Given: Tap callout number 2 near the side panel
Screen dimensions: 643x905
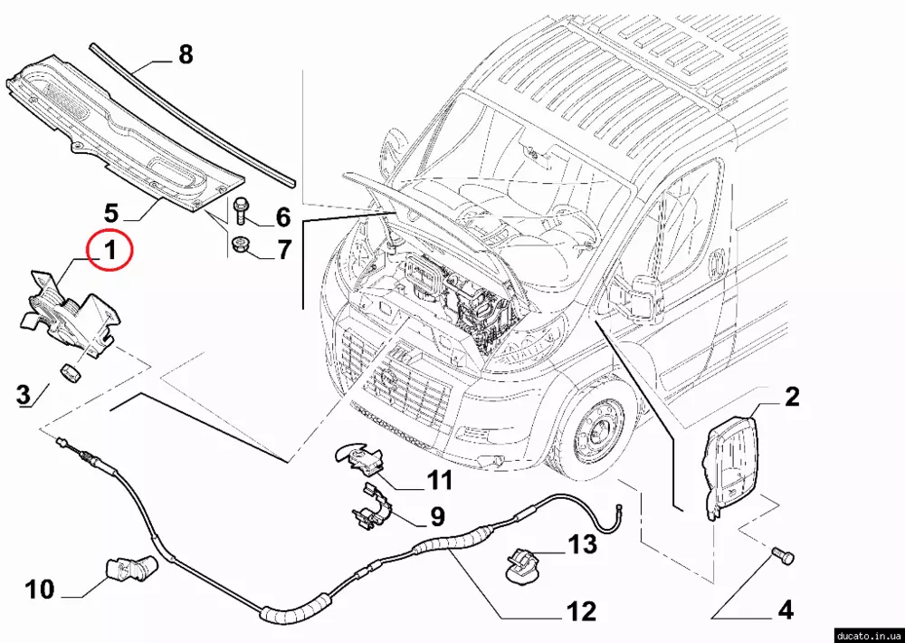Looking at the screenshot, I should pos(791,397).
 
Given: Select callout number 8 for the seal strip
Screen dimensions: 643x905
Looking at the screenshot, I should pos(185,55).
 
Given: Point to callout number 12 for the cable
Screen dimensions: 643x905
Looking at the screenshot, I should pos(582,611).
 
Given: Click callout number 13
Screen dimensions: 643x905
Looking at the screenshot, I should pos(583,544).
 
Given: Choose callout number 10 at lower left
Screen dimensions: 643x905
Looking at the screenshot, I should pos(40,590).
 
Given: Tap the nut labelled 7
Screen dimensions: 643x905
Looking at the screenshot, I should pos(242,244).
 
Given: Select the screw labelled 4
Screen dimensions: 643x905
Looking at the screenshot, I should pos(781,553).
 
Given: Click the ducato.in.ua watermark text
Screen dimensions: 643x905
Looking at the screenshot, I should pos(866,634).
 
